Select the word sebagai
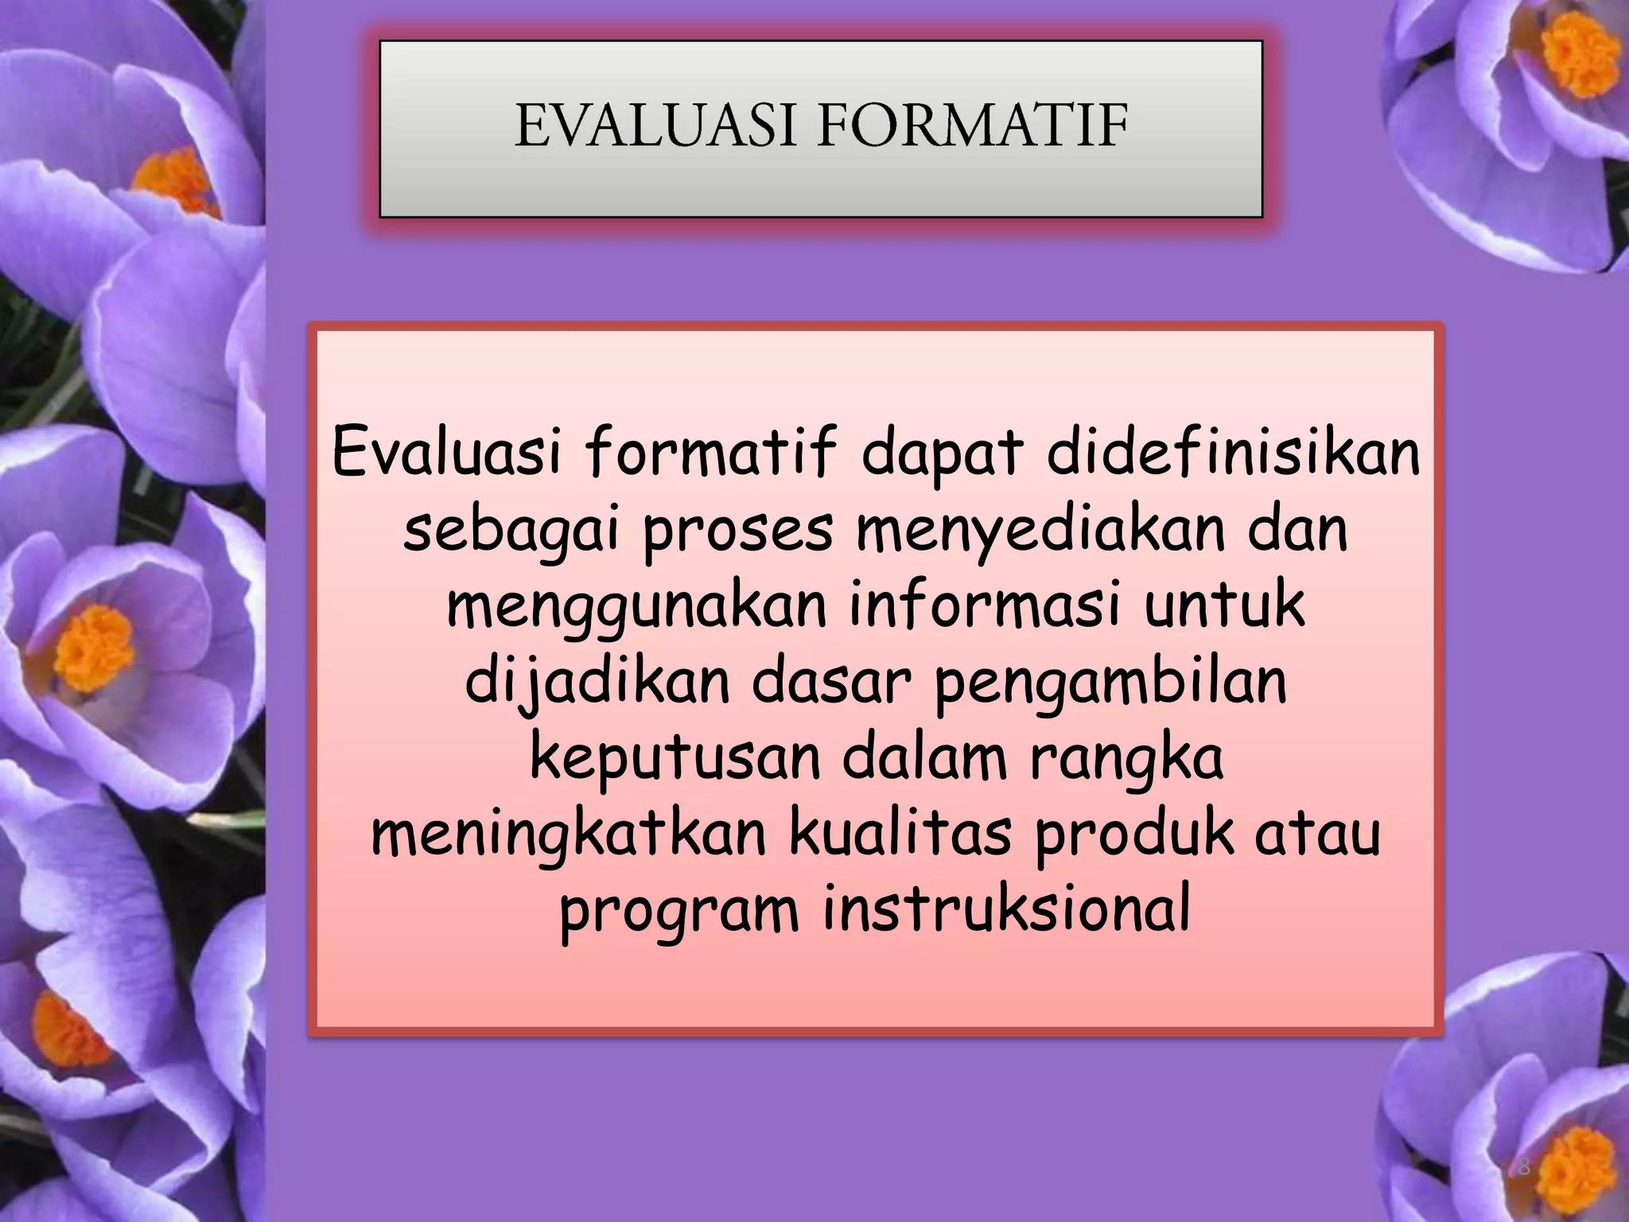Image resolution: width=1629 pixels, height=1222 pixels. tap(511, 531)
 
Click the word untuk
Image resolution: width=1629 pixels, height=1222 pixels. tap(1225, 605)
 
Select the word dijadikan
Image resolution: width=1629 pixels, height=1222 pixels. tap(597, 683)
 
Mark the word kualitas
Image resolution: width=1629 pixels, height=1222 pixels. tap(900, 834)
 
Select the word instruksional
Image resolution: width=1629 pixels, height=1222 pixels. tap(1006, 909)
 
